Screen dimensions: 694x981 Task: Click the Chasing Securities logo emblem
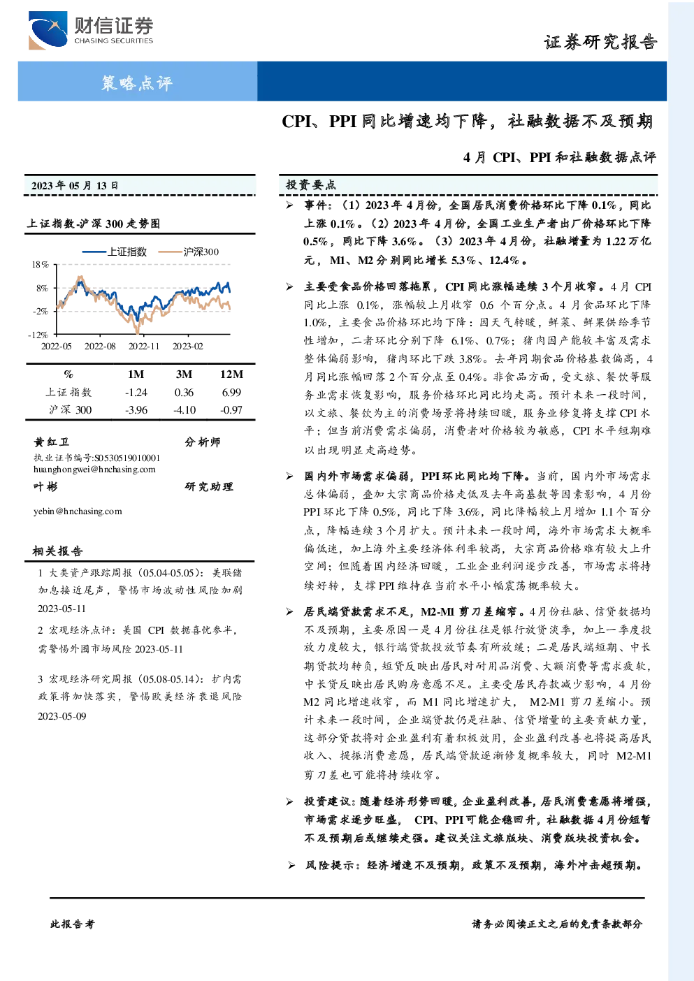click(x=48, y=30)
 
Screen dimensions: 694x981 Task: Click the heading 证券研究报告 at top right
click(x=600, y=43)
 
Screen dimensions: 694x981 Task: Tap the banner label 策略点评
click(x=137, y=82)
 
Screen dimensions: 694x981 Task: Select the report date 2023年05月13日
click(x=75, y=186)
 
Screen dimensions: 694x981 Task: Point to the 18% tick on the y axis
click(x=40, y=265)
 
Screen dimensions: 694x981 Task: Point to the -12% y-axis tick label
click(x=38, y=335)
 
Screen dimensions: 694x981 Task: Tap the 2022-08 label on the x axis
click(x=100, y=347)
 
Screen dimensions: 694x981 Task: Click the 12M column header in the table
click(x=231, y=375)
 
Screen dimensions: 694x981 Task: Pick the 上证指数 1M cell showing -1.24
click(x=136, y=393)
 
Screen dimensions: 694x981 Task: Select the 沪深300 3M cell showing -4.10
click(x=185, y=410)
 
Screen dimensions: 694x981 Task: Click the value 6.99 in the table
click(x=231, y=393)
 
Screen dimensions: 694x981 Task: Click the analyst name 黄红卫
click(x=51, y=442)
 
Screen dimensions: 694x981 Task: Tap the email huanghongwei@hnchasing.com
click(x=94, y=470)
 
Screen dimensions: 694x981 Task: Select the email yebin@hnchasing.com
click(x=78, y=511)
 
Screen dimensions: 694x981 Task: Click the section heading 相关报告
click(x=57, y=551)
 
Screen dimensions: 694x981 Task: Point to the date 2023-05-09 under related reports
click(x=62, y=716)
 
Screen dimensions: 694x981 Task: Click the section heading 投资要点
click(x=311, y=185)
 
